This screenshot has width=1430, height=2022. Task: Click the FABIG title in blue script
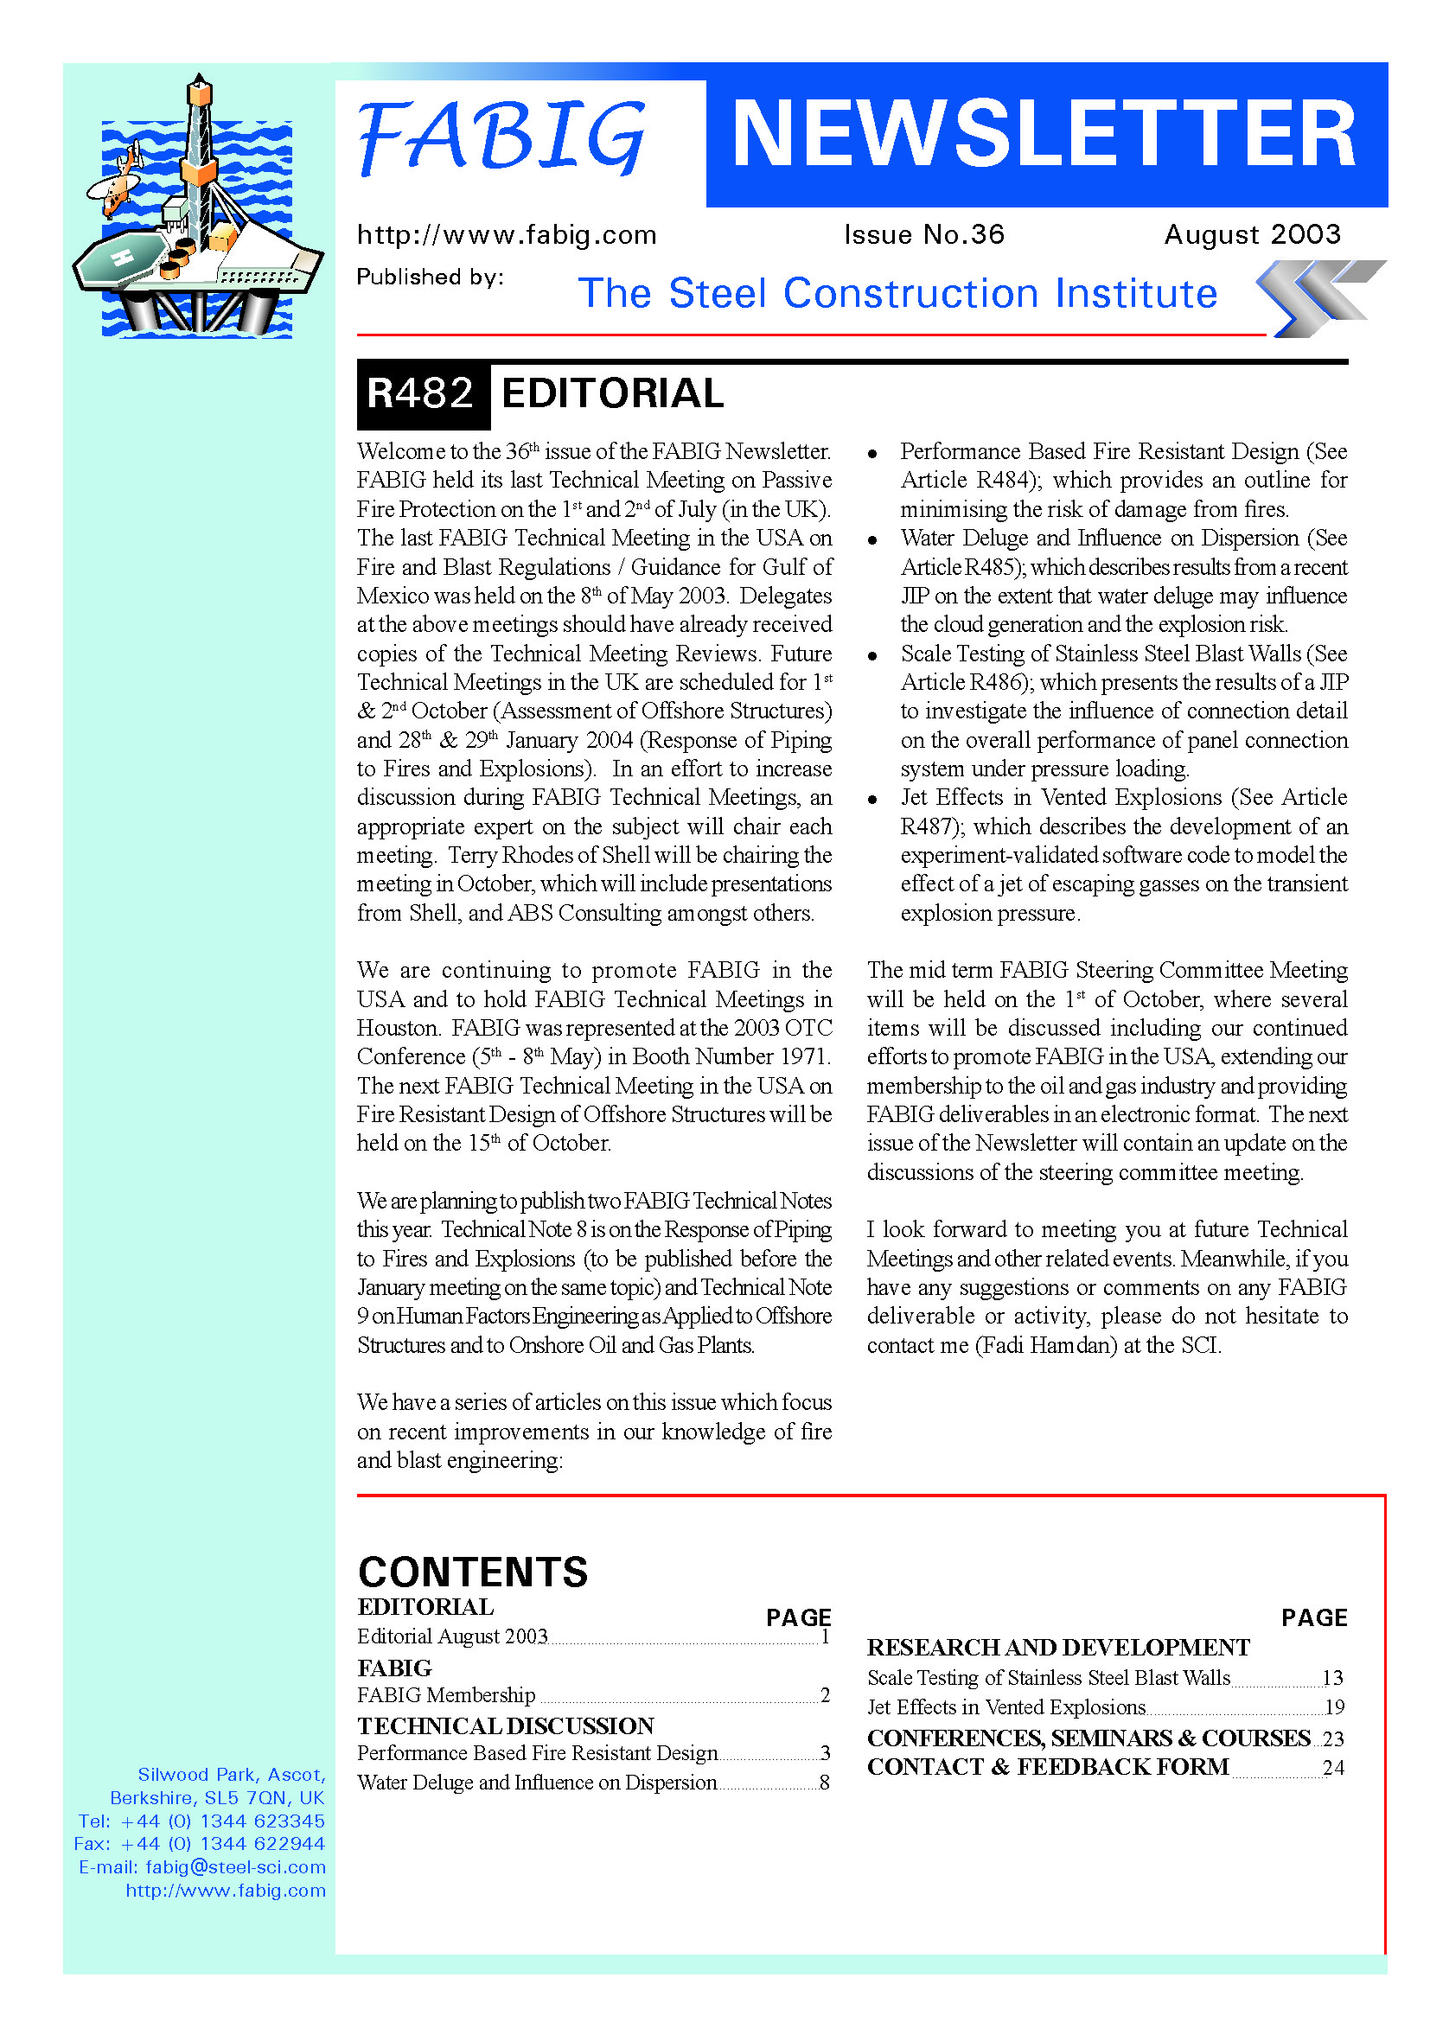[x=502, y=137]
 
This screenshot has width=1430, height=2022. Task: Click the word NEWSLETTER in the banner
[x=1044, y=134]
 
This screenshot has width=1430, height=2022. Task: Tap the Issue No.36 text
[x=923, y=234]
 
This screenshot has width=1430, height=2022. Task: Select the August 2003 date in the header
[x=1251, y=234]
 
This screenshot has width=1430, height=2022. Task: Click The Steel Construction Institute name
[x=897, y=293]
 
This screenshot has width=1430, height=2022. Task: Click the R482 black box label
[x=422, y=393]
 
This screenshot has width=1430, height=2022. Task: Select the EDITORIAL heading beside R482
[x=612, y=393]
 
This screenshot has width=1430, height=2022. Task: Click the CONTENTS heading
[x=473, y=1572]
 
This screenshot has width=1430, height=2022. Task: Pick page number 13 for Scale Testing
[x=1332, y=1678]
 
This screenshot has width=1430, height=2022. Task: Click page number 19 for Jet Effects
[x=1334, y=1706]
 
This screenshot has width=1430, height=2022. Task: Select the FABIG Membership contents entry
[x=446, y=1694]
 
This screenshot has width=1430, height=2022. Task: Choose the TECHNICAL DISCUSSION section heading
[x=506, y=1725]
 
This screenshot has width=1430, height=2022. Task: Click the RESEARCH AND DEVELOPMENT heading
[x=1057, y=1647]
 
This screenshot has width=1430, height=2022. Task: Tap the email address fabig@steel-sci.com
[x=235, y=1867]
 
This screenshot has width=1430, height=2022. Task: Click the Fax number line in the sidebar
[x=200, y=1844]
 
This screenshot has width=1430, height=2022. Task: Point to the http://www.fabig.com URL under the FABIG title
[x=507, y=235]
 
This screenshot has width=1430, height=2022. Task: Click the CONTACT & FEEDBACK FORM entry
[x=1048, y=1767]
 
